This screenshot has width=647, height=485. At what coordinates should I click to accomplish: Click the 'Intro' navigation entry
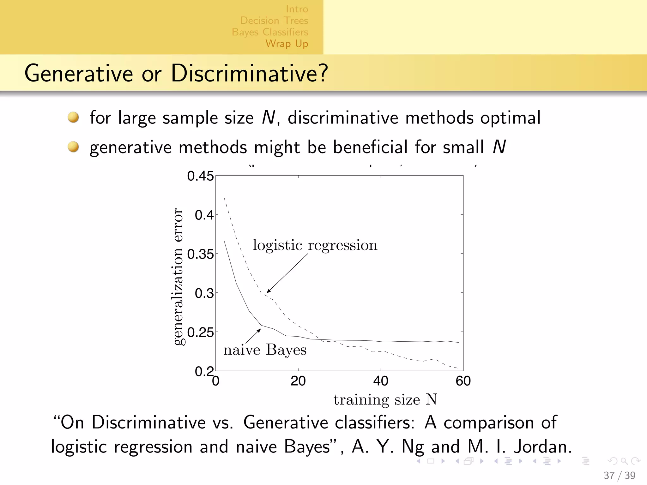[297, 9]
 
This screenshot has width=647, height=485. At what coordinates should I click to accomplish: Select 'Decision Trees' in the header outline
[274, 21]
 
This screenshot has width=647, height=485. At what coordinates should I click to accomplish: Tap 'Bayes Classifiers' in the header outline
[270, 32]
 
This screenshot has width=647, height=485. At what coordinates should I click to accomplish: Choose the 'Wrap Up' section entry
[287, 44]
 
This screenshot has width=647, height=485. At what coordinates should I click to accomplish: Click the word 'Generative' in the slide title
[79, 74]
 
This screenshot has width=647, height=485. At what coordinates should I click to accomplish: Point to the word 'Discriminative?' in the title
[249, 74]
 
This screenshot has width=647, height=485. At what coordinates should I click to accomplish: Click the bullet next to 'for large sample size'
[73, 117]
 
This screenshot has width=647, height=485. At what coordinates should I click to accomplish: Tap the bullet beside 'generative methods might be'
[73, 147]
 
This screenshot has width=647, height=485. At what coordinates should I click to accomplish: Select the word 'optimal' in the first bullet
[510, 118]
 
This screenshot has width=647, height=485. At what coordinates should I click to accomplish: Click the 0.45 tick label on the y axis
[200, 176]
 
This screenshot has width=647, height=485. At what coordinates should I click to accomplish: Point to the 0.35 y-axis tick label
[200, 254]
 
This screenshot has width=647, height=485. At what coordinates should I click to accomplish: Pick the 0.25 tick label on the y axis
[200, 332]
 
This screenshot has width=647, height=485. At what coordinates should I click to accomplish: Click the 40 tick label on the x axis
[380, 381]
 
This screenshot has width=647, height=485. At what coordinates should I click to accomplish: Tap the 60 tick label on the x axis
[463, 381]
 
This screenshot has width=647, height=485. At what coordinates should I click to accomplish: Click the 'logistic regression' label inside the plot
[315, 245]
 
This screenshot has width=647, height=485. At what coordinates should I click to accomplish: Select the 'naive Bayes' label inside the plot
[265, 350]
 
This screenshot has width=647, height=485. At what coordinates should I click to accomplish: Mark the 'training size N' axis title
[385, 400]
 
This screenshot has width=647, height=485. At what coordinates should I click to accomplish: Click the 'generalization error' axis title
[178, 276]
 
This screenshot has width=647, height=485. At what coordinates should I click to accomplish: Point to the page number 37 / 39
[619, 475]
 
